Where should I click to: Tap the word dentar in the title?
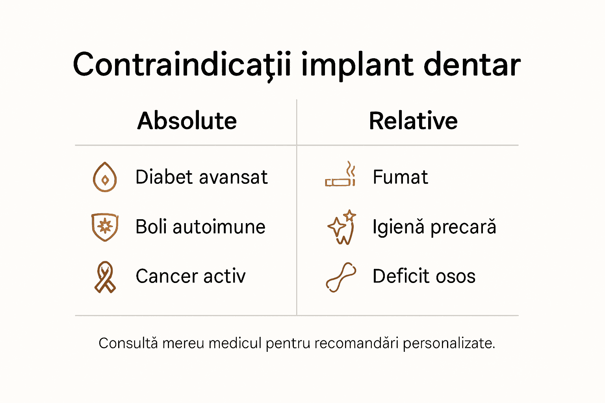click(x=472, y=65)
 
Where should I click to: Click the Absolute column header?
click(x=187, y=121)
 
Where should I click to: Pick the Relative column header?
click(x=413, y=121)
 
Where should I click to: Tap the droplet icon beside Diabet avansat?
click(x=105, y=177)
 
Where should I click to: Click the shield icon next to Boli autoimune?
click(x=105, y=227)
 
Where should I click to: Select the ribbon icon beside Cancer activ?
click(x=105, y=277)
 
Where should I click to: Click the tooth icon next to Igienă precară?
click(x=342, y=227)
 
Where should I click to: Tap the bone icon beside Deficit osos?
click(x=341, y=277)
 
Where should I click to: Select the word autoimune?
click(x=219, y=227)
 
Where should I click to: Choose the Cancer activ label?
click(x=191, y=276)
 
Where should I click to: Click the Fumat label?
click(x=400, y=177)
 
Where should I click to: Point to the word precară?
click(x=463, y=227)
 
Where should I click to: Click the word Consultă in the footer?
click(x=128, y=343)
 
